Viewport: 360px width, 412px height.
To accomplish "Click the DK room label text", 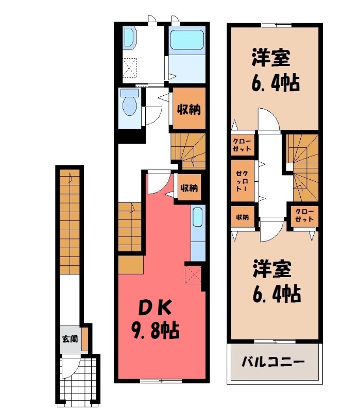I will pyautogui.click(x=152, y=307).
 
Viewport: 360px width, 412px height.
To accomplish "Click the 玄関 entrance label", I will pyautogui.click(x=70, y=339).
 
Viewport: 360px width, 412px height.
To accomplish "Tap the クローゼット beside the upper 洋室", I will pyautogui.click(x=242, y=145).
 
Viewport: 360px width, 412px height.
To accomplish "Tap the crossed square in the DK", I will pyautogui.click(x=193, y=274).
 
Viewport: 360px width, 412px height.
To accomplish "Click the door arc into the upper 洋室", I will pyautogui.click(x=268, y=120).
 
